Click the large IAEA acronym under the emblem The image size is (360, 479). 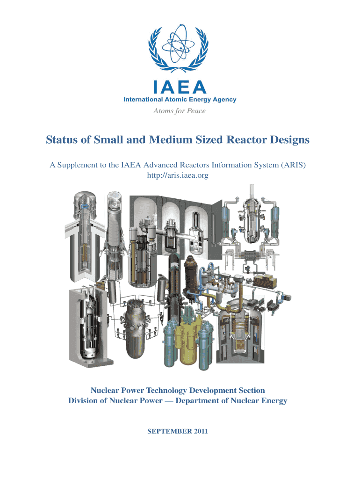pyautogui.click(x=180, y=87)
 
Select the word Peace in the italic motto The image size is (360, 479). pyautogui.click(x=196, y=111)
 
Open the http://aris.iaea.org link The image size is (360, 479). pyautogui.click(x=178, y=176)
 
